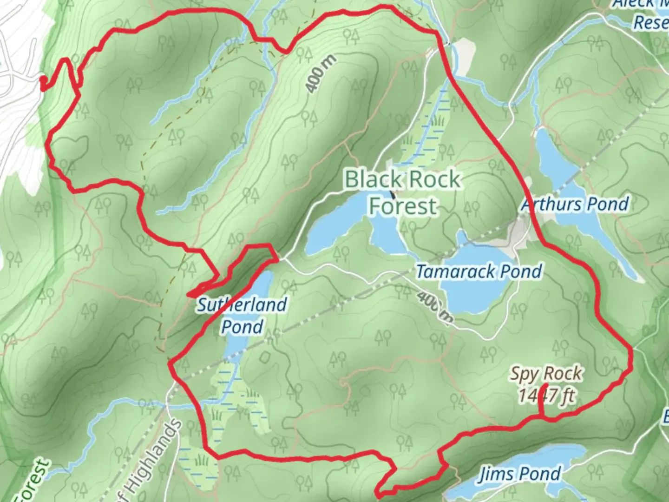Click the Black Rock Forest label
[403, 192]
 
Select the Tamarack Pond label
[479, 271]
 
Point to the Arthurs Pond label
[575, 204]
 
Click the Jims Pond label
[519, 474]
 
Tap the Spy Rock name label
[546, 373]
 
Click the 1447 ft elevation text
[546, 396]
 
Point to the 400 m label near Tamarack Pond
[434, 306]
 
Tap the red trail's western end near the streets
[43, 84]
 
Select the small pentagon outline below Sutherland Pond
[265, 357]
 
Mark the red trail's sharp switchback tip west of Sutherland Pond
[189, 294]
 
